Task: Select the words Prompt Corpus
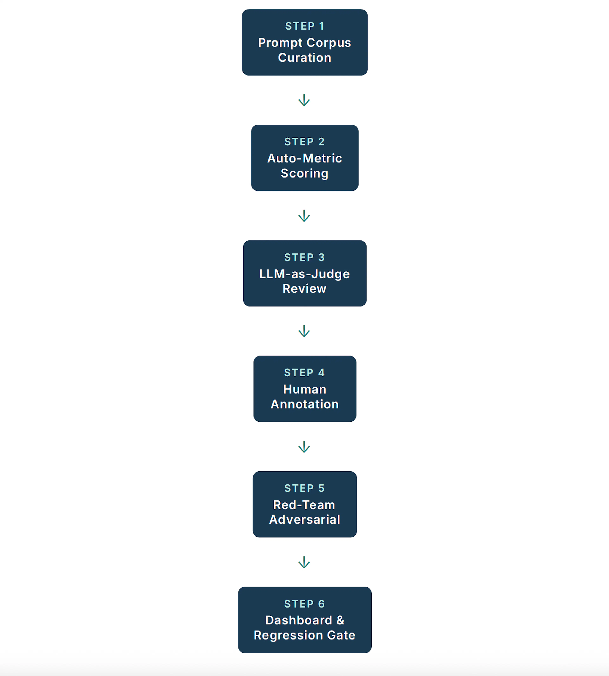304,43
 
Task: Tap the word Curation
304,58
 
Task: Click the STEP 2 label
304,142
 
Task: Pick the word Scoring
304,173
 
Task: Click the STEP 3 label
304,257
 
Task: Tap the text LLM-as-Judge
304,274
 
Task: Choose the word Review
304,289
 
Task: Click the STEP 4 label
304,373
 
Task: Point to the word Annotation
304,404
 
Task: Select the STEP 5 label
304,488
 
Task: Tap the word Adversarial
304,520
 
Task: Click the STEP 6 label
304,604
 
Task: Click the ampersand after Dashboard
340,620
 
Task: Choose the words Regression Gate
304,635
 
